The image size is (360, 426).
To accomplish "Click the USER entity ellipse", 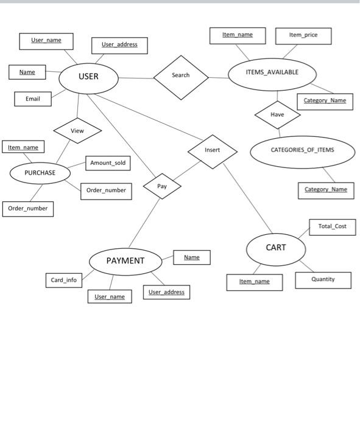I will pos(88,77).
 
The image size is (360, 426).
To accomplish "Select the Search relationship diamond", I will pos(181,75).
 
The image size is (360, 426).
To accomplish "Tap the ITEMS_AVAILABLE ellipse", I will pos(272,73).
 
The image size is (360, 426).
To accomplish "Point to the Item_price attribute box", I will pos(303,35).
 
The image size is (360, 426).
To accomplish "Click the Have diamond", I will pos(277,114).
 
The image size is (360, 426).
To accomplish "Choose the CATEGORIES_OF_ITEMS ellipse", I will pos(302,150).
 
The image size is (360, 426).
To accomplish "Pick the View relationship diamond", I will pos(77,130).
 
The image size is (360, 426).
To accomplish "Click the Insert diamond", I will pos(212,150).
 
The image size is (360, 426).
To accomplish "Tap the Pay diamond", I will pos(162,186).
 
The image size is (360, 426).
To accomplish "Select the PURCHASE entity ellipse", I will pos(40,173).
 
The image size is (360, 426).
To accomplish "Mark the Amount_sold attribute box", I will pos(108,163).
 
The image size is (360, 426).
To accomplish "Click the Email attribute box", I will pos(33,99).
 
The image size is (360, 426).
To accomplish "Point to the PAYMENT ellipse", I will pos(126,261).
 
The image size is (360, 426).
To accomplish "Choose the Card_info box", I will pos(63,280).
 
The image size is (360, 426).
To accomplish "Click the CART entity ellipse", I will pos(275,248).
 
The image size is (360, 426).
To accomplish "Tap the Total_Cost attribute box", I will pos(333,226).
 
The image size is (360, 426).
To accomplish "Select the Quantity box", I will pos(323,280).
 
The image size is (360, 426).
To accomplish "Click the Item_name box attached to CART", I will pos(255,282).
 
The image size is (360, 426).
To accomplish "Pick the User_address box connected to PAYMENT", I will pos(166,292).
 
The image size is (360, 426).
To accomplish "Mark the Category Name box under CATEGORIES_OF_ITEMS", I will pos(326,190).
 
